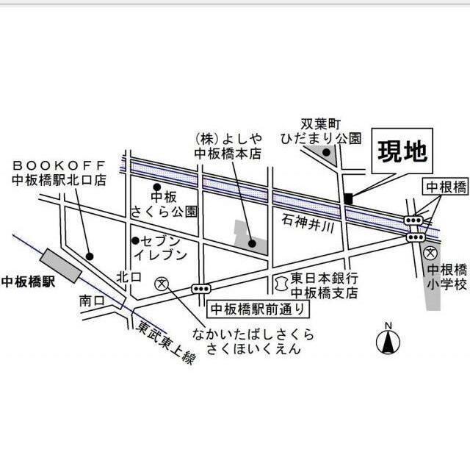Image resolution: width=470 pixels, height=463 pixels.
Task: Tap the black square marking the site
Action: pyautogui.click(x=348, y=198)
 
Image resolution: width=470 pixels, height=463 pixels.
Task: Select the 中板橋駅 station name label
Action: pyautogui.click(x=28, y=281)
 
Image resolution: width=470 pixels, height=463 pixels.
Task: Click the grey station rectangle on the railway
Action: pyautogui.click(x=62, y=265)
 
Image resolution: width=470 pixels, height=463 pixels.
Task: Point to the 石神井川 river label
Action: pyautogui.click(x=308, y=221)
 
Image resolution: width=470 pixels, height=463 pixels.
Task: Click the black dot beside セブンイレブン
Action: pyautogui.click(x=135, y=240)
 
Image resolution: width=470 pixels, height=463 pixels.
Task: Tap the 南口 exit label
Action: pyautogui.click(x=91, y=301)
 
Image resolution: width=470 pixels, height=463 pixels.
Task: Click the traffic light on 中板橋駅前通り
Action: pyautogui.click(x=200, y=288)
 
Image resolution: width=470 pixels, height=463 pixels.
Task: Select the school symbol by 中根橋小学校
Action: pyautogui.click(x=431, y=253)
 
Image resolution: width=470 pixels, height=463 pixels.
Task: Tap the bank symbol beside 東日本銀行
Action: pyautogui.click(x=280, y=282)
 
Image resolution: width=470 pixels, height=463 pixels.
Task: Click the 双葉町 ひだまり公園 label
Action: pyautogui.click(x=321, y=130)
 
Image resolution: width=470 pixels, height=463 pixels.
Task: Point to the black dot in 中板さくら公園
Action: pyautogui.click(x=156, y=187)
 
